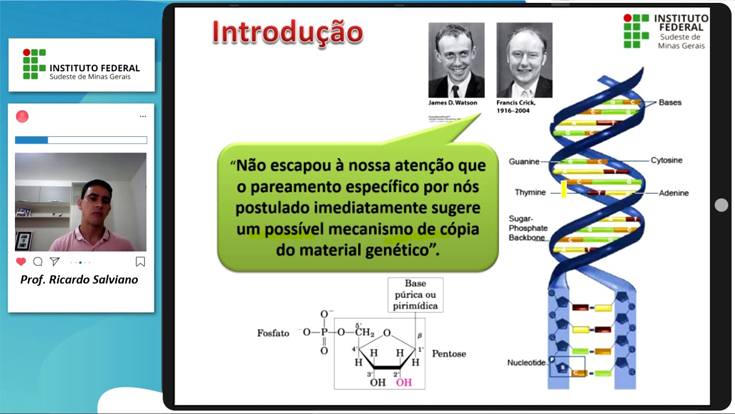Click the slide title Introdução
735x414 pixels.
[288, 33]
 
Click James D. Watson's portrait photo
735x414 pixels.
[457, 60]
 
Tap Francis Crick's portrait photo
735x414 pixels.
[524, 60]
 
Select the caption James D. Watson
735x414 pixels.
[452, 103]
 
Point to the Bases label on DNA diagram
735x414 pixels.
[670, 102]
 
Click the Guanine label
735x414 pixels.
[524, 162]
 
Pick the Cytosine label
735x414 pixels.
[666, 160]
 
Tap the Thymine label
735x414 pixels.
[529, 192]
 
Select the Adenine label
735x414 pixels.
[674, 193]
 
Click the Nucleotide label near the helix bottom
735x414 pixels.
[525, 363]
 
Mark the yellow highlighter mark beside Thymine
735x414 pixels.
[564, 189]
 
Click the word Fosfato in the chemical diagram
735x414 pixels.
[273, 333]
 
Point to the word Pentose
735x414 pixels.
[448, 354]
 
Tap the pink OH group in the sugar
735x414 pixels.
[404, 382]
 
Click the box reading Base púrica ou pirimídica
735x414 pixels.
[415, 295]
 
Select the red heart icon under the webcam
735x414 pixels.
[21, 262]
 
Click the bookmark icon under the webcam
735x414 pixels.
[140, 262]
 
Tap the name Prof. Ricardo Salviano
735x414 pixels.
[79, 280]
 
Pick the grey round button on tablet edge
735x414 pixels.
[722, 205]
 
